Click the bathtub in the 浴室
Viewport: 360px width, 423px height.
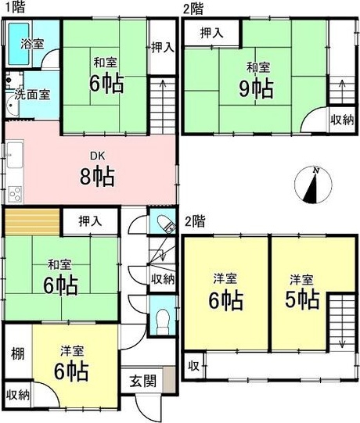click(x=19, y=44)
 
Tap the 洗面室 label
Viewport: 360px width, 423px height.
click(x=32, y=95)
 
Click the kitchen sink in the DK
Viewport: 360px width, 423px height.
click(x=15, y=155)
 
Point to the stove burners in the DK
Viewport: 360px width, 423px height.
click(x=15, y=194)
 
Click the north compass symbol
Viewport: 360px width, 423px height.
click(x=313, y=185)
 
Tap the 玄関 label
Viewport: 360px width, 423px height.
click(x=143, y=382)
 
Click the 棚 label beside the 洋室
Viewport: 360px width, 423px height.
click(x=17, y=353)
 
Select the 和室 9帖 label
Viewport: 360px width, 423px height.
click(x=257, y=81)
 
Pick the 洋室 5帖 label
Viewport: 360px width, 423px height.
click(x=302, y=292)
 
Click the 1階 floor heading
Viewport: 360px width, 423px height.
click(x=16, y=7)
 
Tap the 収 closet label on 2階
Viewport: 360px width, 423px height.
click(x=193, y=366)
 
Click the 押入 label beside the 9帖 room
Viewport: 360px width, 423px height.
click(x=212, y=33)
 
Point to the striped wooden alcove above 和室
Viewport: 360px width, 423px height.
click(x=32, y=221)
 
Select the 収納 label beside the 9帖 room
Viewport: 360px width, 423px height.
click(x=342, y=120)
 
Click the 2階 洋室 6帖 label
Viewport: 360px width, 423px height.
click(x=225, y=292)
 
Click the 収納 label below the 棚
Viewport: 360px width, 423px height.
click(x=18, y=396)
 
